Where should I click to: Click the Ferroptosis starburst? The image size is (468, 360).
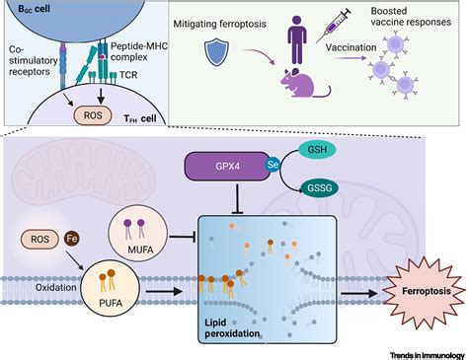[418, 294]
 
